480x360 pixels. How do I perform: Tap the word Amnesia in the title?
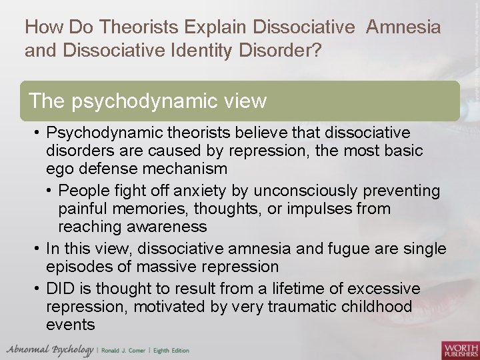(x=403, y=27)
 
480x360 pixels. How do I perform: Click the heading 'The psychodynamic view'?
(x=147, y=101)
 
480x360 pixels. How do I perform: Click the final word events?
(x=71, y=325)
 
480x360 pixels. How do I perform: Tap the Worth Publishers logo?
(x=460, y=349)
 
